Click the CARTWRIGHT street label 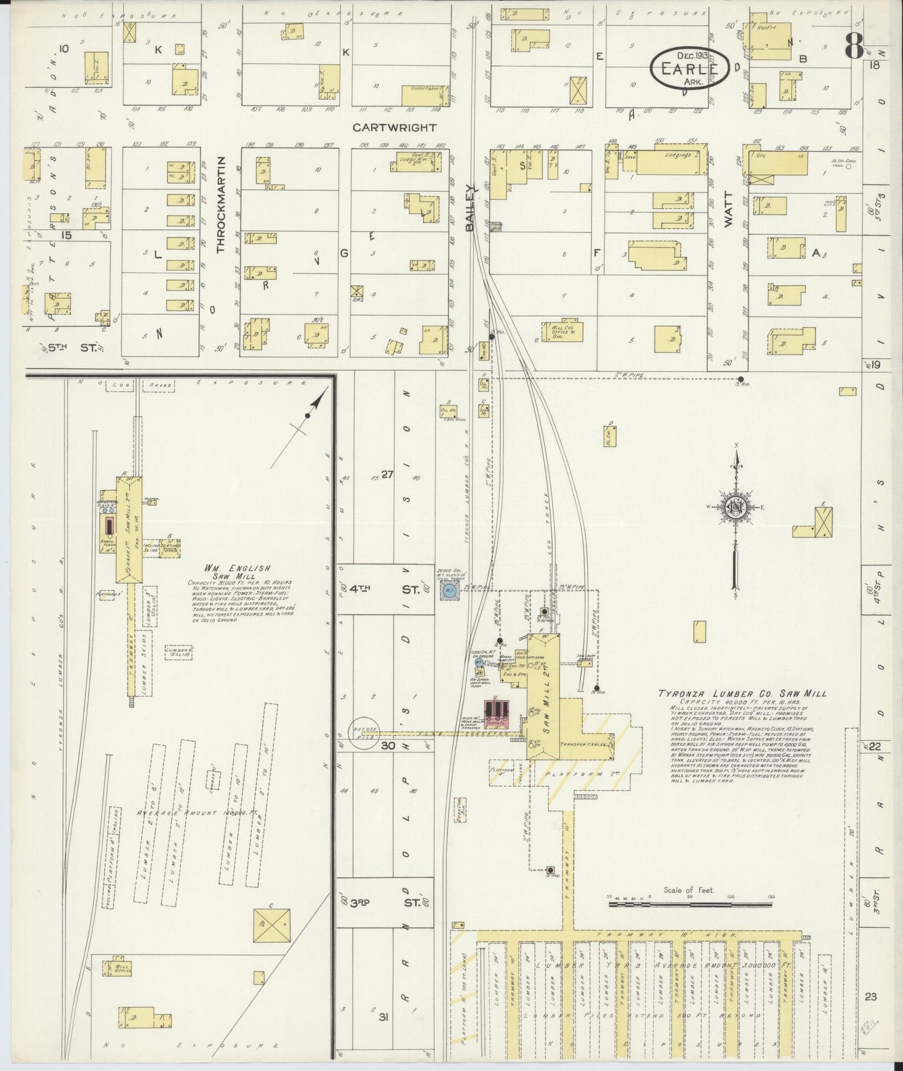click(394, 127)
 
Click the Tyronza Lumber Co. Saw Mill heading click(742, 693)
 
